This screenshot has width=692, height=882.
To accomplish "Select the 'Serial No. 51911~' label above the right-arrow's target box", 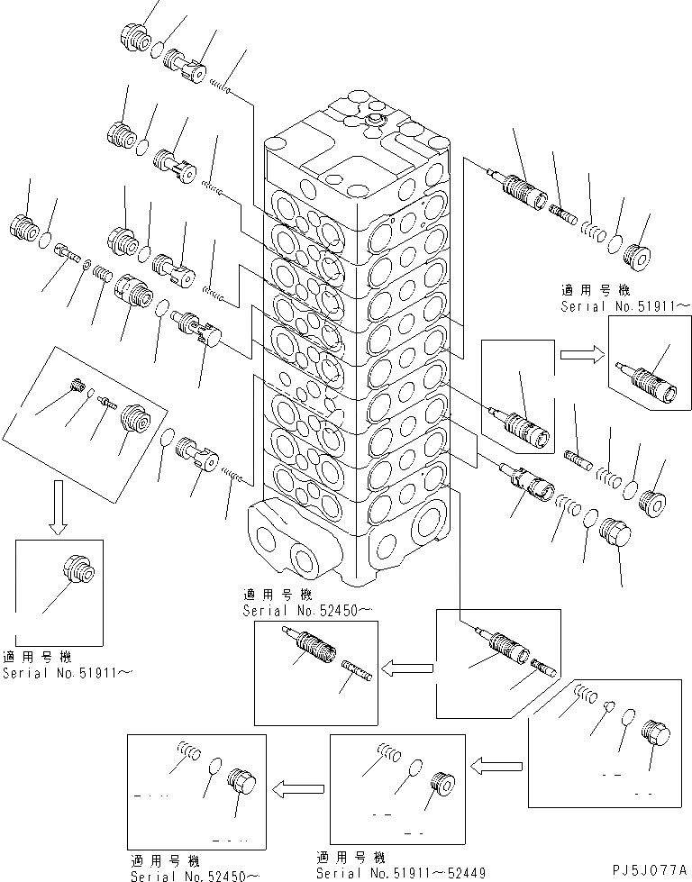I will tap(626, 305).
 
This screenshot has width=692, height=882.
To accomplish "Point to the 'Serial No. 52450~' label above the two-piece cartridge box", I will tap(292, 610).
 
